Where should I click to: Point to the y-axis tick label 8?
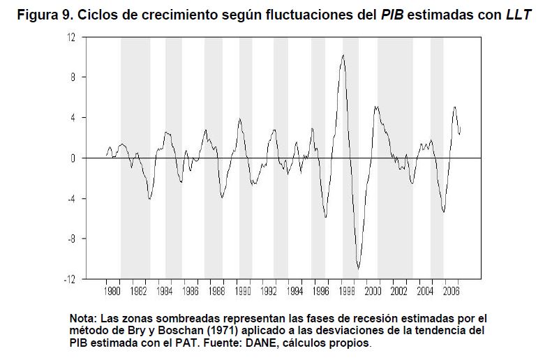72,77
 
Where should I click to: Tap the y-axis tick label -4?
70,199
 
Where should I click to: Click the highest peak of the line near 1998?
343,55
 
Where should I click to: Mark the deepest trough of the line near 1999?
358,268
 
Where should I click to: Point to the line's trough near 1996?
326,217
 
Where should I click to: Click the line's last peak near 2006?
455,107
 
